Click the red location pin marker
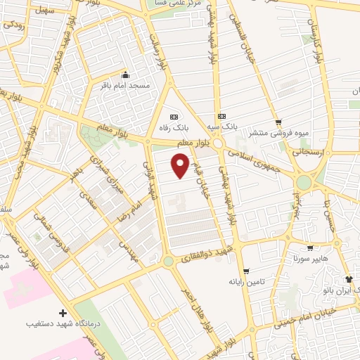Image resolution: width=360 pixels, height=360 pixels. [181, 167]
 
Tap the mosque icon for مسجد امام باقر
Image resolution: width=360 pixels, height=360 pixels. [126, 75]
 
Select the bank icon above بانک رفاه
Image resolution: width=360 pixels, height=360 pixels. [174, 116]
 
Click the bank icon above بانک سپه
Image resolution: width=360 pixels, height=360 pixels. [222, 115]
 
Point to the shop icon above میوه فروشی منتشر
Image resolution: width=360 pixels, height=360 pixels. [278, 122]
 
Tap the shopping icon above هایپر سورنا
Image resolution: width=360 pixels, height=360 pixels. [310, 248]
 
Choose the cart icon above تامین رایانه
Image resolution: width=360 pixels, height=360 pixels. [245, 271]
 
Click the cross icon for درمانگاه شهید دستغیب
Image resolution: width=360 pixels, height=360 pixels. [63, 313]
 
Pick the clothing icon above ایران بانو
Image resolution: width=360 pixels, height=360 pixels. [349, 279]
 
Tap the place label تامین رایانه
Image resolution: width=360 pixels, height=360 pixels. [245, 281]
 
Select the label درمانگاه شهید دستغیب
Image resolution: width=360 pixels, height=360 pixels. [63, 324]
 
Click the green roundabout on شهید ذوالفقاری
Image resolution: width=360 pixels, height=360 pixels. [169, 262]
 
